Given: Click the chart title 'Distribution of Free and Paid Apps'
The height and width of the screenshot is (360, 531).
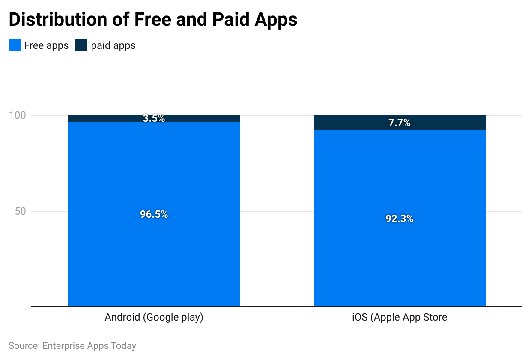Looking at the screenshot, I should point(153,20).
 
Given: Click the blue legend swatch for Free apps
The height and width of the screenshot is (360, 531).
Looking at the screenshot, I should point(15,45).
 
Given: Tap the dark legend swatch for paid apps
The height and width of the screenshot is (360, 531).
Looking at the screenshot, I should point(81,45).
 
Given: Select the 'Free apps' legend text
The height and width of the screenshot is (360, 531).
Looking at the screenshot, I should point(46,45).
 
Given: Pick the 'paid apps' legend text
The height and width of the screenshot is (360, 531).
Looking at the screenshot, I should point(113,45).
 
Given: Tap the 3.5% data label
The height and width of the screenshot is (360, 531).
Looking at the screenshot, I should point(154,119).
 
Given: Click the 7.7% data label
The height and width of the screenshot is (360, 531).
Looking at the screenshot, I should point(399,123).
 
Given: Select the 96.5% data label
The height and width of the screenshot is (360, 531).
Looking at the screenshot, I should point(154,214).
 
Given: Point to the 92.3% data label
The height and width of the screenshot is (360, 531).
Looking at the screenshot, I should point(399,219).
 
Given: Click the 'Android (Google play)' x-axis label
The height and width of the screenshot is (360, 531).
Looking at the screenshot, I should point(154,318).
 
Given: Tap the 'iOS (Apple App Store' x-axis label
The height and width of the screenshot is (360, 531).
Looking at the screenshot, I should point(399,318).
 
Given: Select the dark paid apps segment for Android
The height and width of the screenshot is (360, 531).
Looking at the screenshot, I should point(107,119).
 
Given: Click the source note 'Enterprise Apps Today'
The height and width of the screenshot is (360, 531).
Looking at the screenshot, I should point(89,345).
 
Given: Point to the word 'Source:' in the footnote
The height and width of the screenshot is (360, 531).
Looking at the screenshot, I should point(24,345).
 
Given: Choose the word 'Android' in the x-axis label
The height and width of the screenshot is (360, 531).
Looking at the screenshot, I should point(122,318).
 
